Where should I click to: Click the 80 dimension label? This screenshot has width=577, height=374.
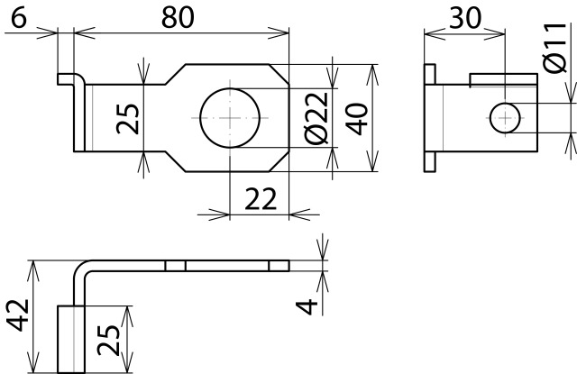pos(178,18)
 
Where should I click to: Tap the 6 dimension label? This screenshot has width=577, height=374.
pos(19,18)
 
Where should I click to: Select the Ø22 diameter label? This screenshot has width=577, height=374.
pos(316,118)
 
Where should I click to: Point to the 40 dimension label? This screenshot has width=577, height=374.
pos(357,119)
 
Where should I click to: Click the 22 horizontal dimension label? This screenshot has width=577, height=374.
pos(261,199)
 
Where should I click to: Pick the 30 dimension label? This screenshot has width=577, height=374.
pos(465,18)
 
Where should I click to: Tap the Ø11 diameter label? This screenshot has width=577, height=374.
pos(554,48)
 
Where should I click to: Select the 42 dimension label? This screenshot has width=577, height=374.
pos(18,315)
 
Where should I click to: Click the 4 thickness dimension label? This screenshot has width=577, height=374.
pos(307,307)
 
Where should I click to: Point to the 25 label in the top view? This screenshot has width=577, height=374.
pos(128,119)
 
